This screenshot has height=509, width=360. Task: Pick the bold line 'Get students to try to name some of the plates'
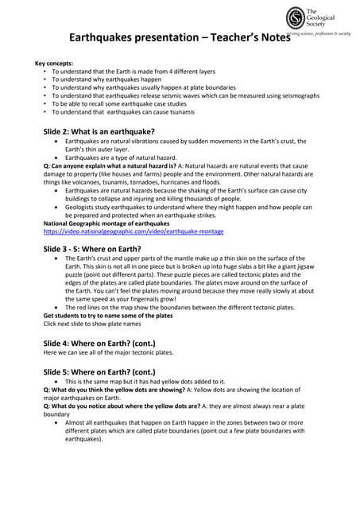107,316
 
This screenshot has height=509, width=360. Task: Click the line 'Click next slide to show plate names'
91,324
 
